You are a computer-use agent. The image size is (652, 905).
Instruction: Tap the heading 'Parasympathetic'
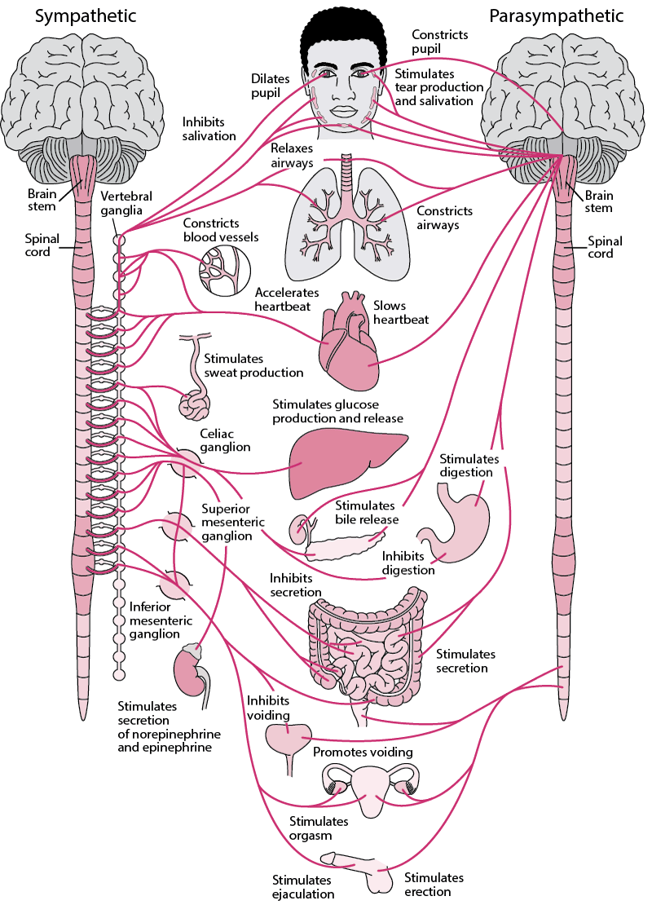pos(556,16)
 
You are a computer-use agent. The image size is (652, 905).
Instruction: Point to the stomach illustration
pos(460,522)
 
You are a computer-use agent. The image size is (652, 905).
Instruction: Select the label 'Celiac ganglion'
pos(225,440)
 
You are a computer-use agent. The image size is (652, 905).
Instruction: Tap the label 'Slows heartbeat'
pos(400,311)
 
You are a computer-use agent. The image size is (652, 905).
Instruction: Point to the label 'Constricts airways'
pos(444,218)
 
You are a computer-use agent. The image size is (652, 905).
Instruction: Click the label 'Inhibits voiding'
pos(268,707)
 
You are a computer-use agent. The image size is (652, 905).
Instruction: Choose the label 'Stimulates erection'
pos(434,885)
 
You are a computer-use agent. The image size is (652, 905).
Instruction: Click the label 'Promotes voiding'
pos(363,752)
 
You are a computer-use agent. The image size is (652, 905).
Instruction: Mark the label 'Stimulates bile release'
pos(367,513)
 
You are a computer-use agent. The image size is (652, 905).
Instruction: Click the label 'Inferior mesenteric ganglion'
pos(161,620)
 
